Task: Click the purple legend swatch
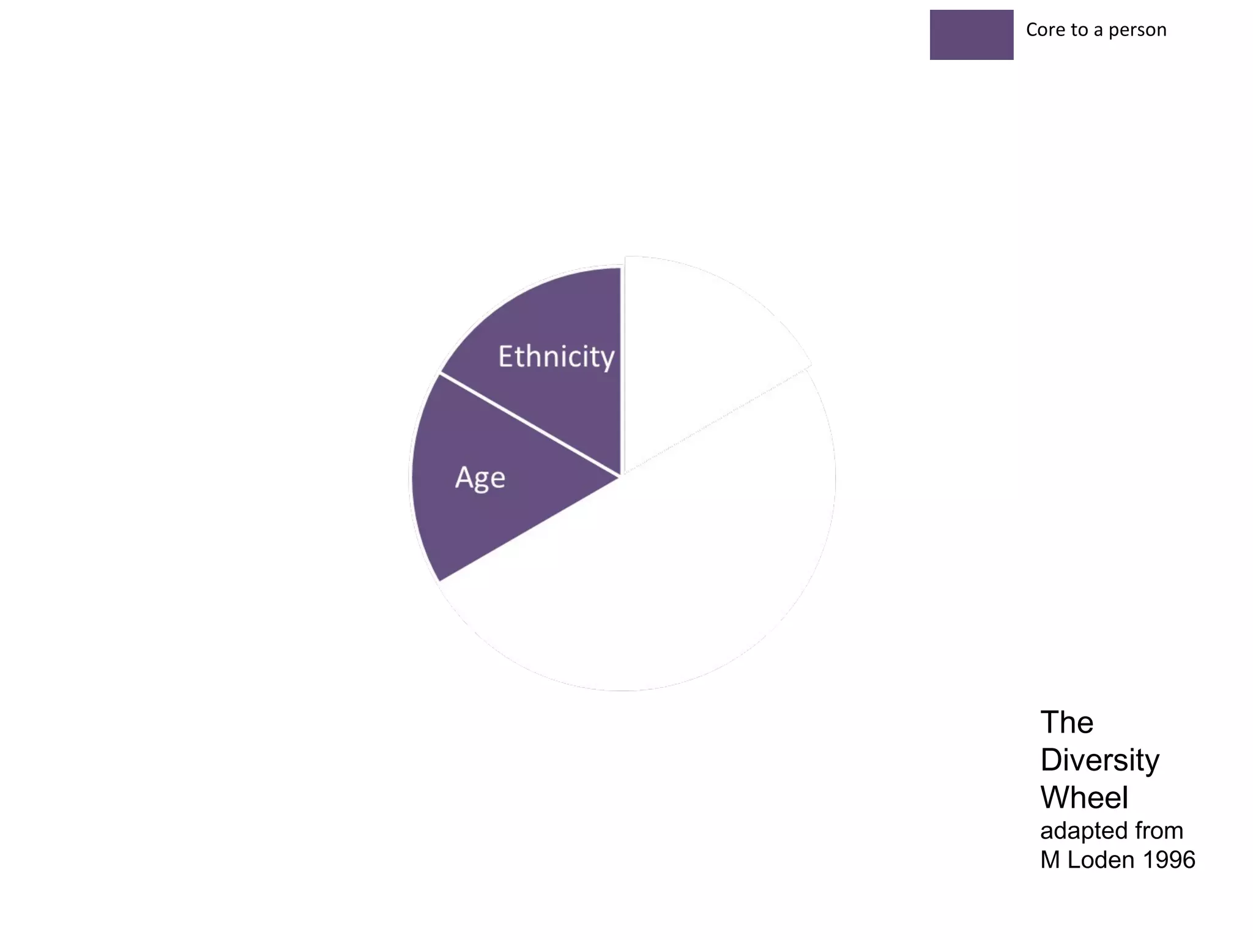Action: point(971,35)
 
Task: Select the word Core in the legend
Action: point(1046,30)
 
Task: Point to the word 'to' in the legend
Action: point(1079,30)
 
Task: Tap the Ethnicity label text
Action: point(556,357)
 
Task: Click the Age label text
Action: point(480,478)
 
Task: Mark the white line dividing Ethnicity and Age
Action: point(530,425)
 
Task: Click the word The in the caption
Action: point(1066,722)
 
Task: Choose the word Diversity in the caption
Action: point(1099,760)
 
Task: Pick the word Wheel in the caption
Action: point(1084,797)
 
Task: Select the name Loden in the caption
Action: point(1101,860)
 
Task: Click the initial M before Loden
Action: point(1050,860)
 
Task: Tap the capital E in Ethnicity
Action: point(507,356)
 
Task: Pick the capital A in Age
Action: point(464,477)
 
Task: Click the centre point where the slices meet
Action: point(621,476)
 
